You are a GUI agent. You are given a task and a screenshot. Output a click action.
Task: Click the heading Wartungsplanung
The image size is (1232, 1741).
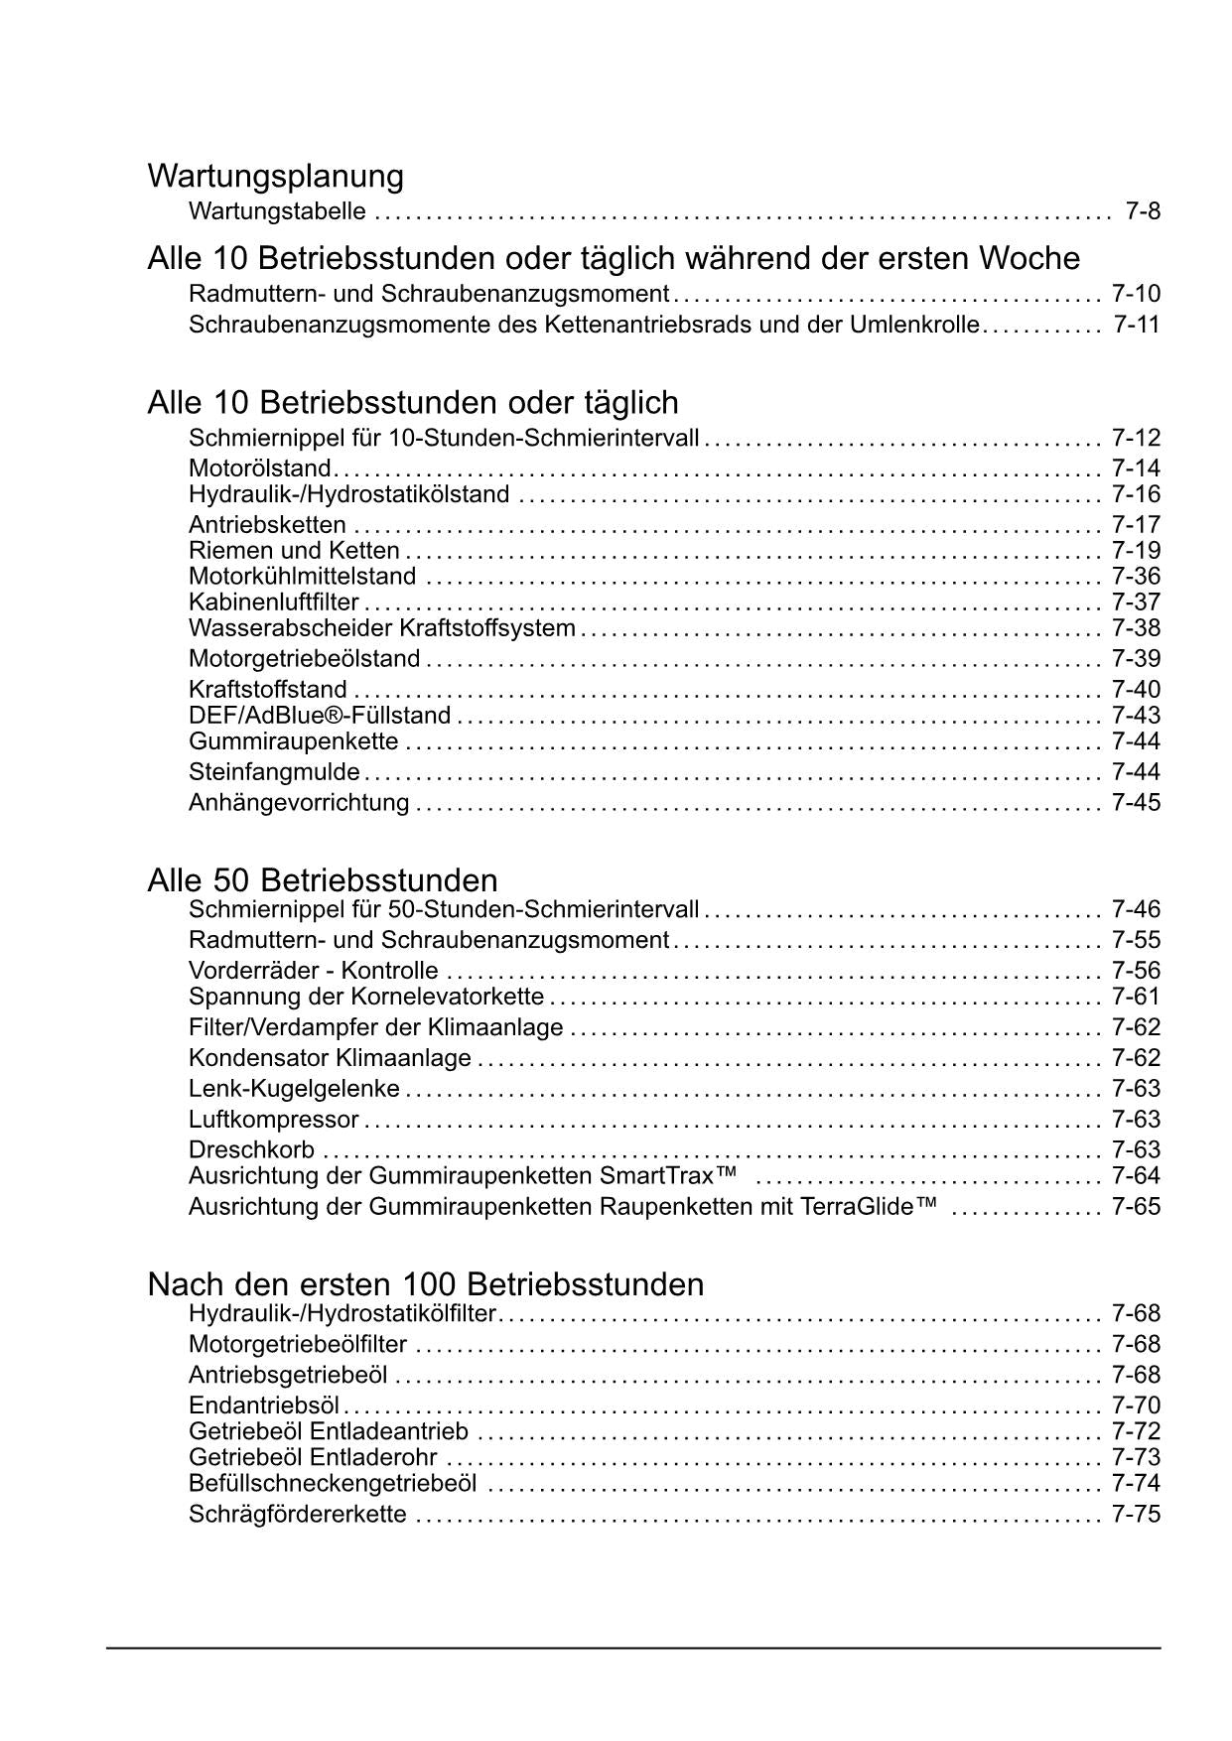pyautogui.click(x=275, y=177)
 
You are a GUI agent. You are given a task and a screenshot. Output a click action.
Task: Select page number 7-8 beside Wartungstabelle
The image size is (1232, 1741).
pyautogui.click(x=1143, y=211)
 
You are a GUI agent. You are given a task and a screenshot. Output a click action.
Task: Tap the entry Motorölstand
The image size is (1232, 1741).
pyautogui.click(x=260, y=469)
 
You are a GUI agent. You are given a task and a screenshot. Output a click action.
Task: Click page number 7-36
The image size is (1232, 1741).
pyautogui.click(x=1136, y=577)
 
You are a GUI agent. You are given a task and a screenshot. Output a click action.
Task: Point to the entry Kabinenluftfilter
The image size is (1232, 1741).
pyautogui.click(x=274, y=603)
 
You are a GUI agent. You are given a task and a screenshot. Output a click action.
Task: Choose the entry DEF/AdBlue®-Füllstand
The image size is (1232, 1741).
pyautogui.click(x=320, y=716)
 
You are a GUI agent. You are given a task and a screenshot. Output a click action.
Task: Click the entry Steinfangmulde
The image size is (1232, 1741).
pyautogui.click(x=275, y=772)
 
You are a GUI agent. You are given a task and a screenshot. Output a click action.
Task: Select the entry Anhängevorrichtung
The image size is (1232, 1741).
pyautogui.click(x=299, y=803)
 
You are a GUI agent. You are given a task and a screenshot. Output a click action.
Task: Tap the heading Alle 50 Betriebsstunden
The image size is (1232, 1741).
pyautogui.click(x=323, y=880)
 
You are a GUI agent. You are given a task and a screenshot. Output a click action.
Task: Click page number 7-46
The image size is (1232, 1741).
pyautogui.click(x=1136, y=909)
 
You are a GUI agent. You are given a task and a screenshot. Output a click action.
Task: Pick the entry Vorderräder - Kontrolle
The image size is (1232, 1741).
pyautogui.click(x=313, y=971)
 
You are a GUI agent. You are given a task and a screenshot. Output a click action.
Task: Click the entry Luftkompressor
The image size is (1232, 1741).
pyautogui.click(x=274, y=1120)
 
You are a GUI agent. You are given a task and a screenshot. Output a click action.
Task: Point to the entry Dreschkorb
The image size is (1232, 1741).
pyautogui.click(x=252, y=1150)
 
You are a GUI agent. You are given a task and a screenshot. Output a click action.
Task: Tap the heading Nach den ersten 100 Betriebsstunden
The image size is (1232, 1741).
pyautogui.click(x=425, y=1284)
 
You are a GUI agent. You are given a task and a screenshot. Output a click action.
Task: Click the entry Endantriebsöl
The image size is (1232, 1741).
pyautogui.click(x=264, y=1406)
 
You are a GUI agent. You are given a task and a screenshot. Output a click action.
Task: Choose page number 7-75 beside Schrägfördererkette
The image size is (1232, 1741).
pyautogui.click(x=1136, y=1515)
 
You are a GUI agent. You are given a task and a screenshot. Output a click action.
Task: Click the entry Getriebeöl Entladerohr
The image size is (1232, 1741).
pyautogui.click(x=313, y=1457)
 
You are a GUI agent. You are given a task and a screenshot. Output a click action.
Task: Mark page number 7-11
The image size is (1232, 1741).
pyautogui.click(x=1136, y=325)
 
